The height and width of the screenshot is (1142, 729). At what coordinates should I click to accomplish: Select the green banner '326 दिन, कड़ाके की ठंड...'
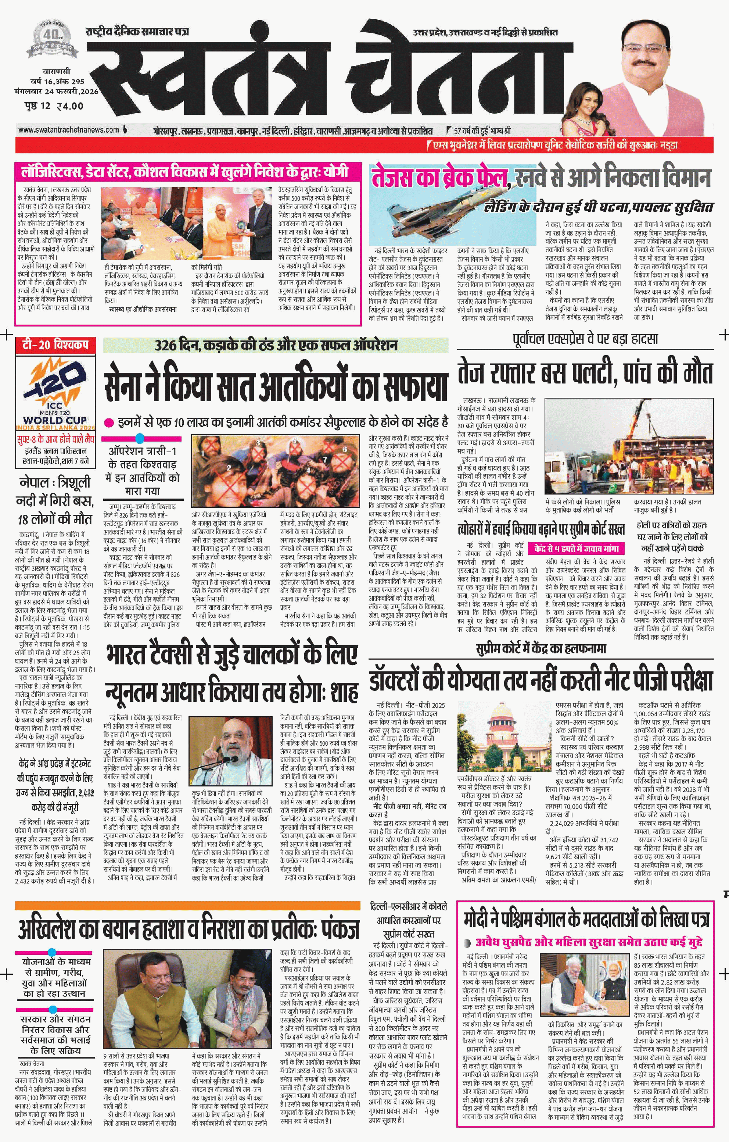(275, 345)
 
